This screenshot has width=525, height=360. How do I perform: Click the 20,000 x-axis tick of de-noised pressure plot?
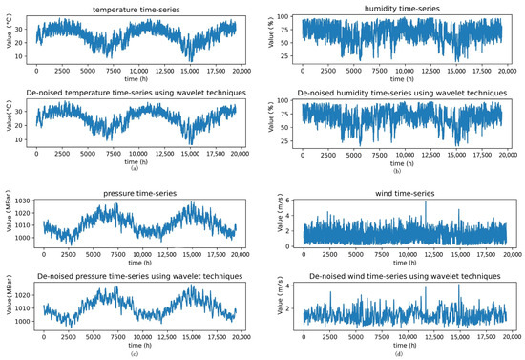coord(241,337)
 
